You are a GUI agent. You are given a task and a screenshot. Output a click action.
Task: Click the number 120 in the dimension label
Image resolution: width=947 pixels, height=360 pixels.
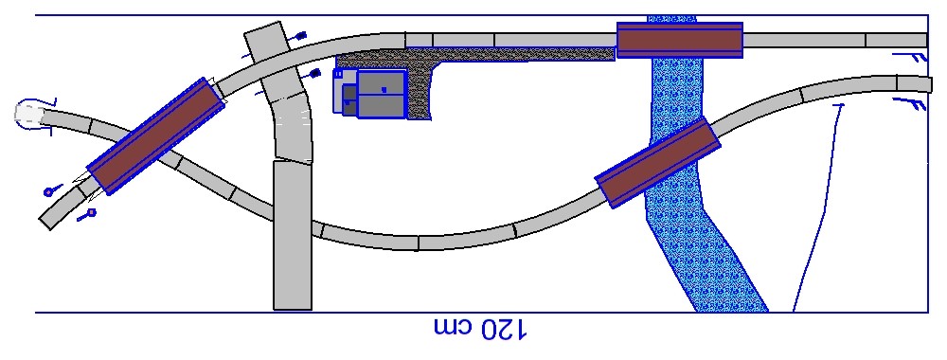coord(503,329)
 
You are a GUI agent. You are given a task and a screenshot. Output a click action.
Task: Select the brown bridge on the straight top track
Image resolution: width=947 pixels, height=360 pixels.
coord(679,40)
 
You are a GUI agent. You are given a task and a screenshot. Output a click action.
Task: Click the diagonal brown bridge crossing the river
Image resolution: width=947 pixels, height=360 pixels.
coord(658,163)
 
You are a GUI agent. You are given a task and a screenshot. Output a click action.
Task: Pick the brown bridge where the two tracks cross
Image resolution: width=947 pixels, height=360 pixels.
coord(156,135)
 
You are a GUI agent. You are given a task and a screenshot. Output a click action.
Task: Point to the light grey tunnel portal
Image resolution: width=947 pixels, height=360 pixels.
coord(28,113)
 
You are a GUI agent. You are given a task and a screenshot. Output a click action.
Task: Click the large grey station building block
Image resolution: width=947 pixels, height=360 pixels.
coord(381,94)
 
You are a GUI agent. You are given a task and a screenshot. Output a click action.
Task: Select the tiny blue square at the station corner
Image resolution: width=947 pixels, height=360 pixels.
coord(338,74)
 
